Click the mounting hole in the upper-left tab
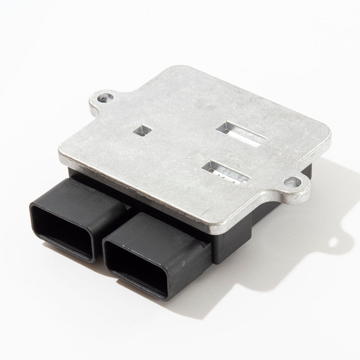coord(105,97)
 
